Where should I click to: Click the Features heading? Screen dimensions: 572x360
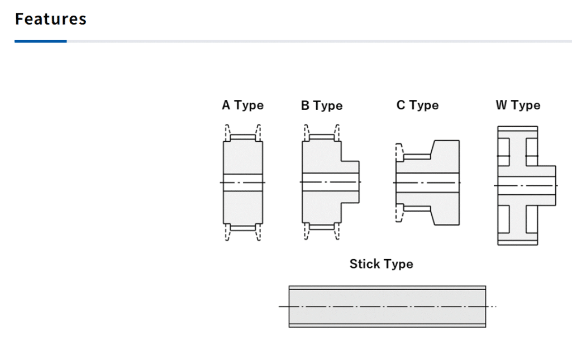point(51,19)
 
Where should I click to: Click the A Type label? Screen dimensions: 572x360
point(242,105)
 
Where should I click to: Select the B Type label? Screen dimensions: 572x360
point(322,105)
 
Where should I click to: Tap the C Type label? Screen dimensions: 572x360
point(417,105)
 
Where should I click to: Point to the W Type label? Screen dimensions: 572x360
point(518,105)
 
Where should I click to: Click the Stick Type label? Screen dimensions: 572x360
point(381,264)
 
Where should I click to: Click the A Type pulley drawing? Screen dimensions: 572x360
point(242,183)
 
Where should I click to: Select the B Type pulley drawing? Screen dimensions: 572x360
point(330,182)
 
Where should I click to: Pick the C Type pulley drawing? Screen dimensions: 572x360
point(427,183)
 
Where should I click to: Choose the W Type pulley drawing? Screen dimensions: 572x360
point(526,185)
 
